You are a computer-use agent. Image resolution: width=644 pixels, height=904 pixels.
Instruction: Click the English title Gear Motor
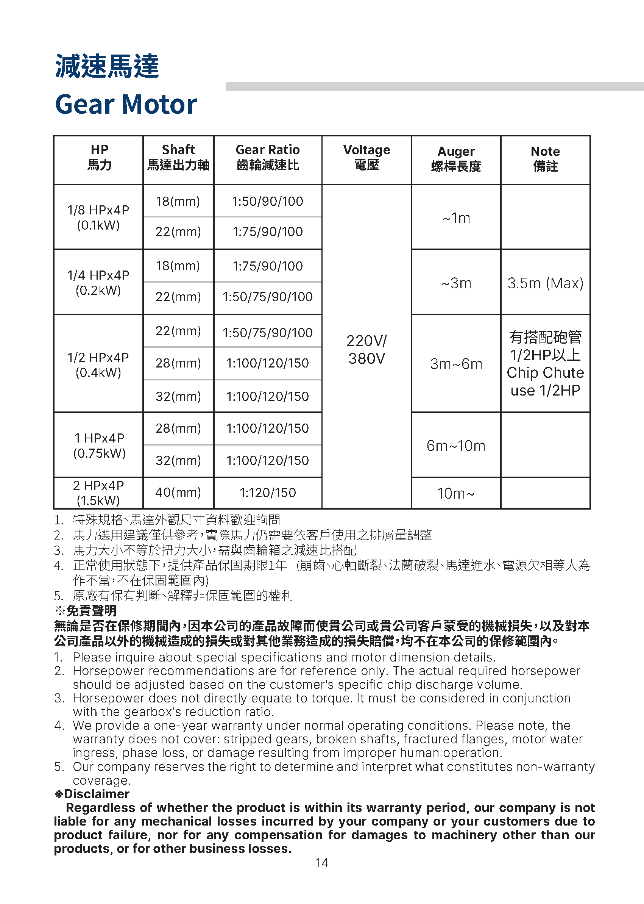[126, 104]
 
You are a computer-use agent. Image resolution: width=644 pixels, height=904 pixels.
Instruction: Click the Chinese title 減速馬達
[107, 66]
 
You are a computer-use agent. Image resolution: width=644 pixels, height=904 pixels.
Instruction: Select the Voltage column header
[366, 157]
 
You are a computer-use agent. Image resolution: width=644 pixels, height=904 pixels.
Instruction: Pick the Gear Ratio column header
[268, 157]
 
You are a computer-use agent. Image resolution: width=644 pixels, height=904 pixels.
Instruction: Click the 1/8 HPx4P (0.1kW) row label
[98, 217]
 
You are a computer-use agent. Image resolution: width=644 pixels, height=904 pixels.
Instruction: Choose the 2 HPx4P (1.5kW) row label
[98, 493]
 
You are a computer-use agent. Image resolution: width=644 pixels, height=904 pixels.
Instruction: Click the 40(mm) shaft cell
[178, 493]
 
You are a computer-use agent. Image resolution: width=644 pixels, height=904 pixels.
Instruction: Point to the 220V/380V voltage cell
[366, 350]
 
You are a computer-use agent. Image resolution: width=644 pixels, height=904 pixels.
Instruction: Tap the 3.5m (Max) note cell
[545, 283]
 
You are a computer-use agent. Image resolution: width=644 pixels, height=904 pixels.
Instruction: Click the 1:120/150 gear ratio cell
[268, 493]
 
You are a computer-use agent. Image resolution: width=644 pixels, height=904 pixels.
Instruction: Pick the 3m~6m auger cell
[456, 364]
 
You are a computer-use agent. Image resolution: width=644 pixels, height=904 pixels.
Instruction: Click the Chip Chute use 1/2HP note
[545, 382]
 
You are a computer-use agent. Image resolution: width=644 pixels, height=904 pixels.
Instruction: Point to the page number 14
[321, 863]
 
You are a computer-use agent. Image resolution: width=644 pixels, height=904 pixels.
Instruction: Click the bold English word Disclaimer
[97, 794]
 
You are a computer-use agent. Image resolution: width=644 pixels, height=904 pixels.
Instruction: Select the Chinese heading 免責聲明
[91, 611]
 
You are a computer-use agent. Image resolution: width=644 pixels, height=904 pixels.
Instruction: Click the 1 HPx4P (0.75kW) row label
[99, 446]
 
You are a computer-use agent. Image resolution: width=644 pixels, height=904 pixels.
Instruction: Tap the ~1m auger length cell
[456, 218]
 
